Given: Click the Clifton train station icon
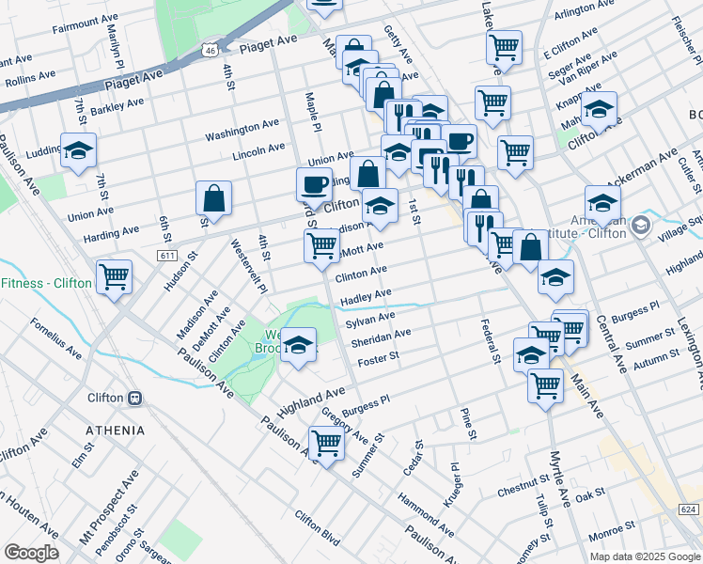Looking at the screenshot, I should click(135, 398).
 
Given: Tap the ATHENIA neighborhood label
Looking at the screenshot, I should click(115, 431).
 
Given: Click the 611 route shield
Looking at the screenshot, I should click(168, 255).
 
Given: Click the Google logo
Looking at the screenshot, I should click(31, 553).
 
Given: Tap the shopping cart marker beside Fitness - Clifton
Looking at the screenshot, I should click(115, 277).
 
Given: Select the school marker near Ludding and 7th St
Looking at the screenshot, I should click(78, 149).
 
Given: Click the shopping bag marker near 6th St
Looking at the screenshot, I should click(214, 198).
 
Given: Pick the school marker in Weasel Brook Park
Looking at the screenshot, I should click(299, 345).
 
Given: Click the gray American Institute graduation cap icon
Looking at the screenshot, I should click(641, 225).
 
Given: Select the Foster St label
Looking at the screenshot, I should click(379, 356).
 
